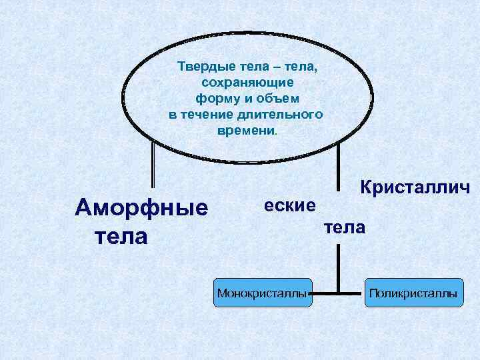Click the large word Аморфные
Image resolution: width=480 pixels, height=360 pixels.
tap(141, 207)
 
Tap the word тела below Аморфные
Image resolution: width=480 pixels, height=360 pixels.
tap(121, 235)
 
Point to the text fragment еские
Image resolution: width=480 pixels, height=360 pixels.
tap(289, 205)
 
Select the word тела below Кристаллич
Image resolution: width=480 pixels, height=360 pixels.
tap(345, 228)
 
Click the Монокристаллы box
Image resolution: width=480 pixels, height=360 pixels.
tap(263, 293)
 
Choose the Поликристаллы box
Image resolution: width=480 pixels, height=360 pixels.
tap(413, 293)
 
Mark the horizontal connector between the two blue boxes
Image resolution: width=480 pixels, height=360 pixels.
tap(339, 292)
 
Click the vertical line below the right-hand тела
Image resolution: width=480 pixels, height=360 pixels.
tap(339, 267)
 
